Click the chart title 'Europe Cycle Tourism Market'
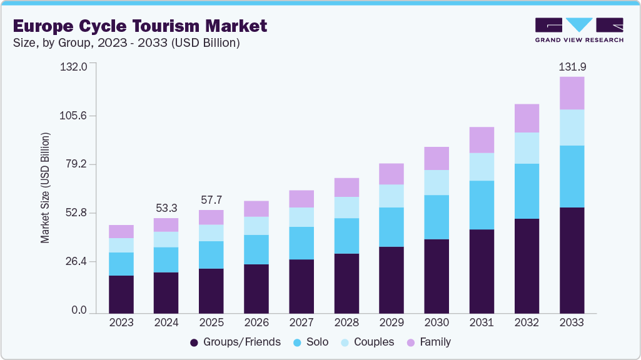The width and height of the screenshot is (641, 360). pos(140,26)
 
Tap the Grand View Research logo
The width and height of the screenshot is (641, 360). pos(579,29)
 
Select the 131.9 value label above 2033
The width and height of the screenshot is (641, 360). pos(572,66)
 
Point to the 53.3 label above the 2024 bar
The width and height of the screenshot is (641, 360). pos(166,207)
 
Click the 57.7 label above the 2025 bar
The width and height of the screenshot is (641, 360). pos(211,199)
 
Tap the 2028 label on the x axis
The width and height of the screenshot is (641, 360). pos(346,323)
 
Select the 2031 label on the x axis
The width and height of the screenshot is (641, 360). pos(482,323)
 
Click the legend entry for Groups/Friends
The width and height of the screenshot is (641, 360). pos(235,342)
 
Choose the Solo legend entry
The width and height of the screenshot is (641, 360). pos(315,342)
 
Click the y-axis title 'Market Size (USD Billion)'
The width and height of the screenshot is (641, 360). pos(45,187)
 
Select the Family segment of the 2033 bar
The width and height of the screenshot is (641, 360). pos(572,93)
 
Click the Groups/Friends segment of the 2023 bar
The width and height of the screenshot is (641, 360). pos(121,294)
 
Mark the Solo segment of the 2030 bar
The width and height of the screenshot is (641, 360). pos(437,217)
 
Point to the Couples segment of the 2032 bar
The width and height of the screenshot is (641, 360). pos(527,148)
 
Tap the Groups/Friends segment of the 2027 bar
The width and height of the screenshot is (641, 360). pos(301,286)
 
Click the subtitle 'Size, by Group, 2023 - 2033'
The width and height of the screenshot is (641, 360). pos(126,43)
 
